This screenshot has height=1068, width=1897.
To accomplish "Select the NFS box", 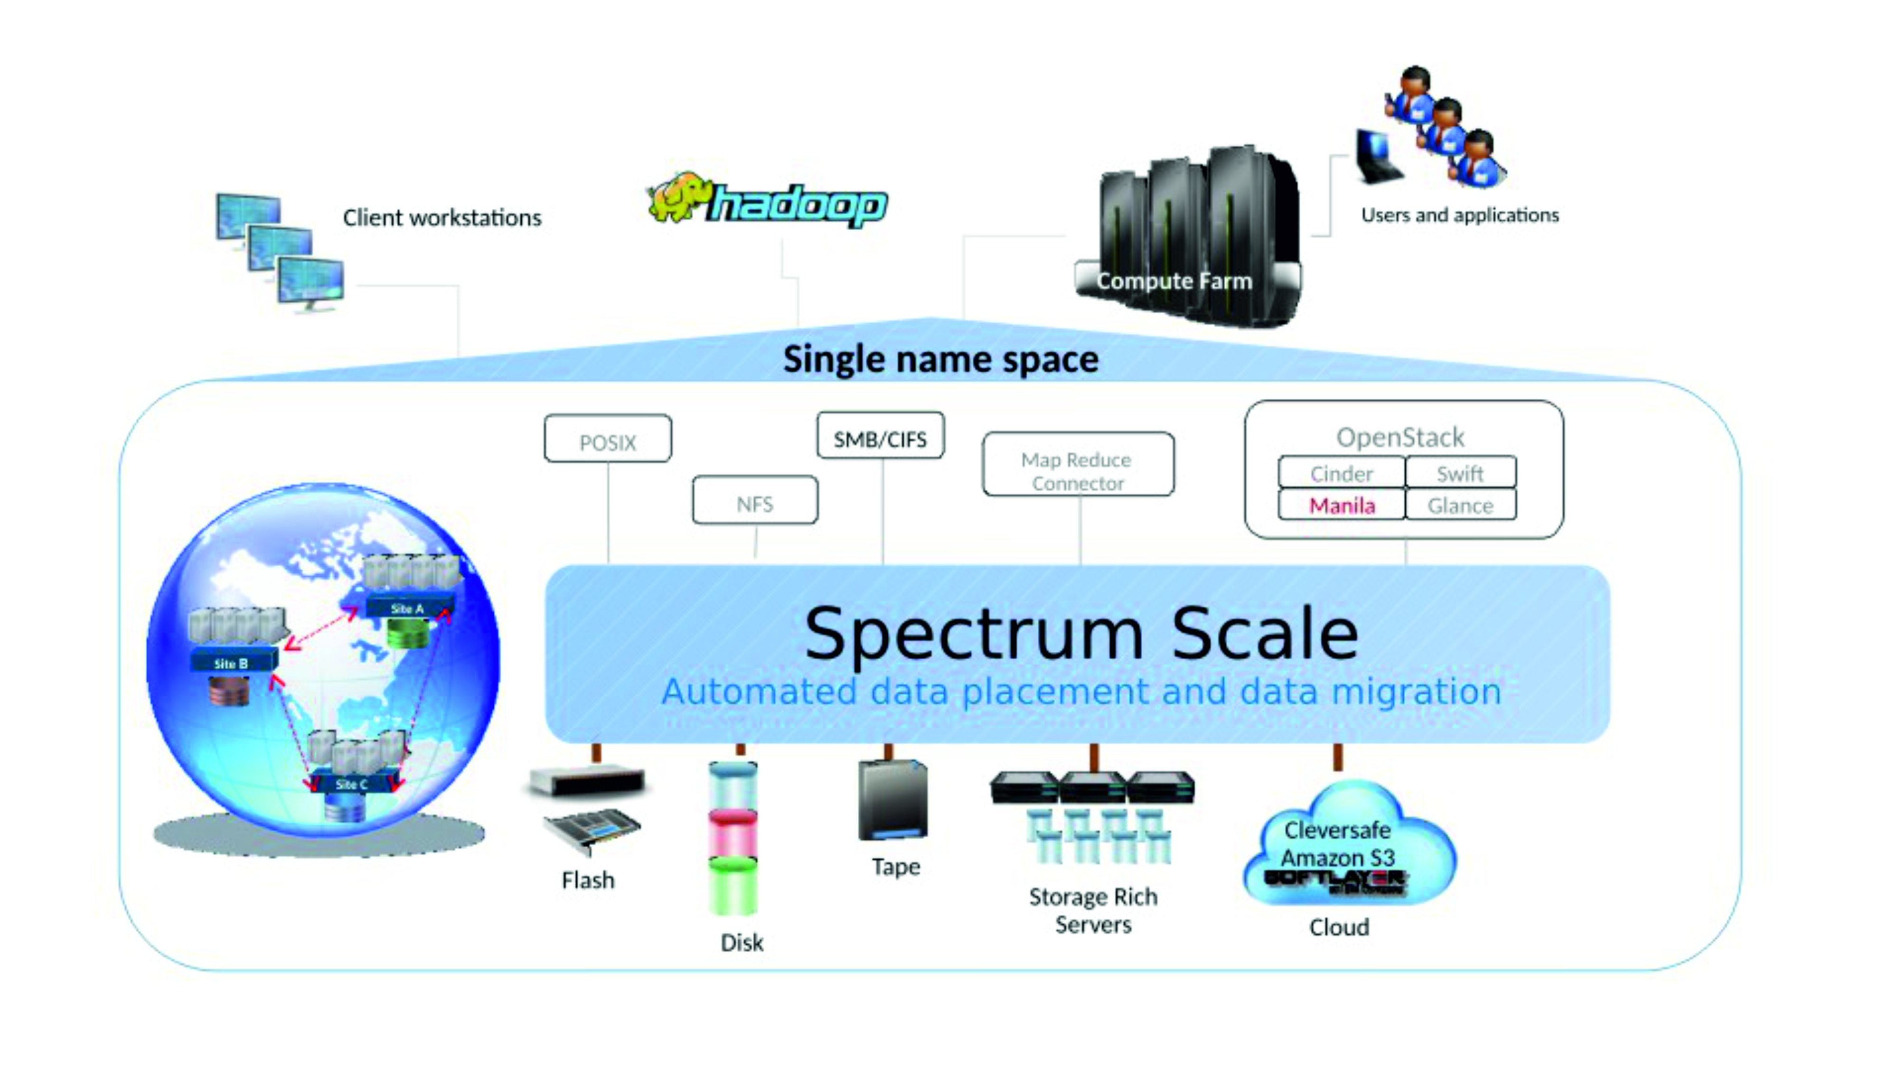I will (x=755, y=502).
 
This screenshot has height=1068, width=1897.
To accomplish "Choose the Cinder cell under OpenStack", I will (x=1341, y=473).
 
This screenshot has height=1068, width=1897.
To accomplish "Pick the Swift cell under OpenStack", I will (x=1460, y=473).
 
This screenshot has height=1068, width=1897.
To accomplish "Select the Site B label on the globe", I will (x=231, y=664).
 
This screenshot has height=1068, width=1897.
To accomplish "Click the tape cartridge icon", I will (x=892, y=801).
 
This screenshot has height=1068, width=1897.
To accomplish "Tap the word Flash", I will (x=587, y=880).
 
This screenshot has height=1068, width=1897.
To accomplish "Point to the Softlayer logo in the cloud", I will (x=1334, y=880).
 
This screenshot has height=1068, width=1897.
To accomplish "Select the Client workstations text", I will (x=442, y=218).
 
